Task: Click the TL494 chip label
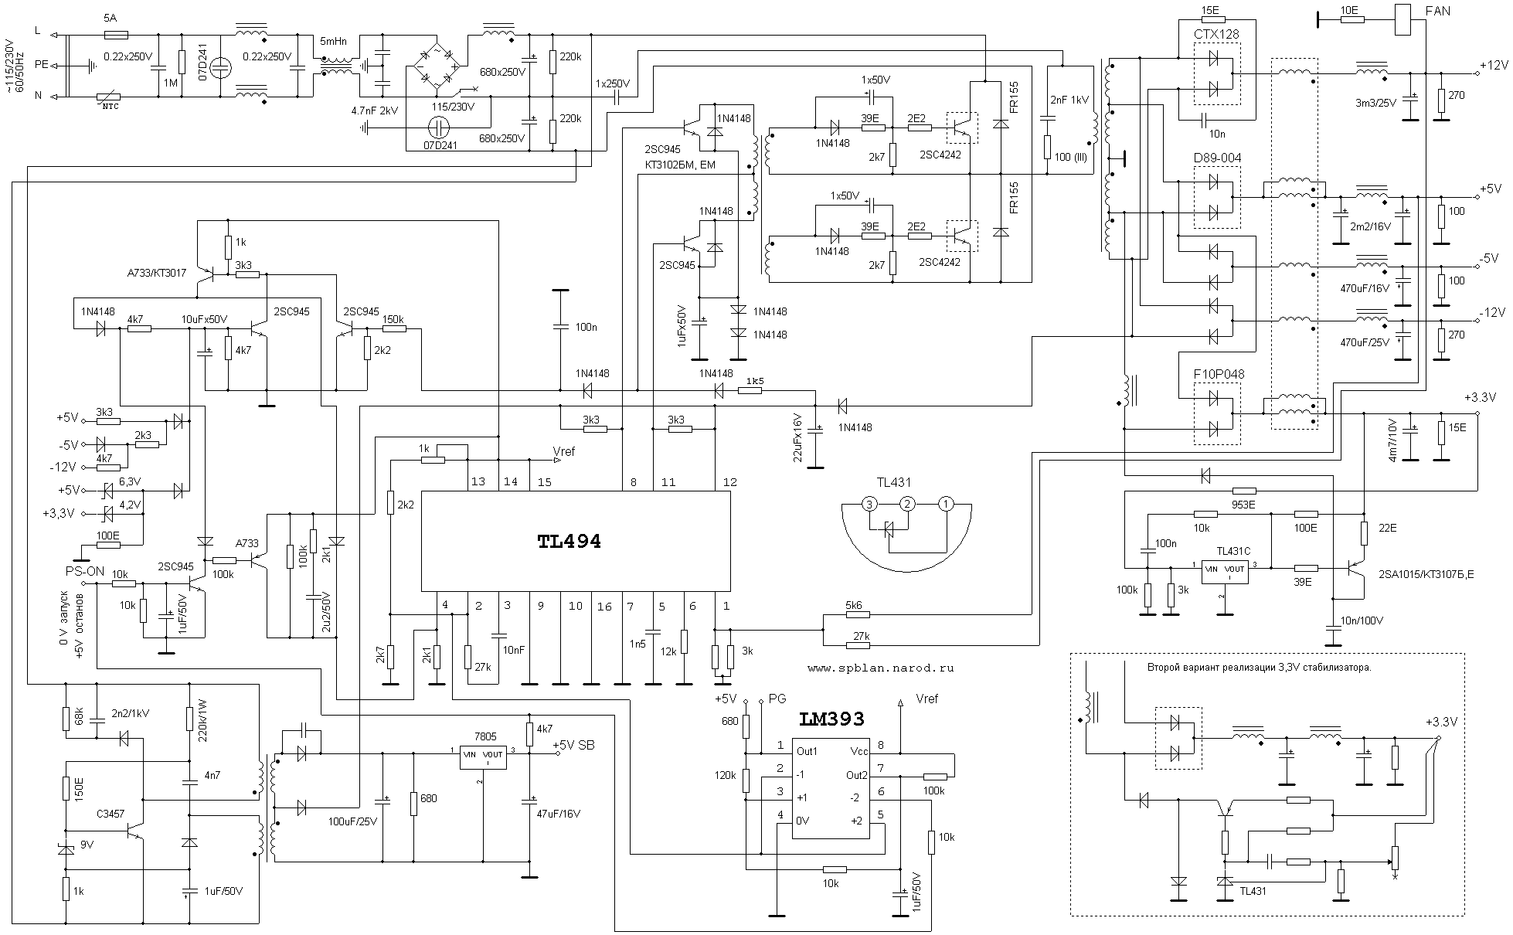click(x=569, y=542)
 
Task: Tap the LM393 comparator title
click(x=831, y=719)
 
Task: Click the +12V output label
click(x=1492, y=65)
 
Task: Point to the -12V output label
click(x=1492, y=312)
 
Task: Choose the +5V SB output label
click(x=573, y=745)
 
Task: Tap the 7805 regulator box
click(x=483, y=757)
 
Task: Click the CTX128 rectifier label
click(x=1216, y=34)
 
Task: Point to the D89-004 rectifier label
click(x=1217, y=158)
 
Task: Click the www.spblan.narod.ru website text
click(x=880, y=668)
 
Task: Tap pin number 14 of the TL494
click(x=510, y=482)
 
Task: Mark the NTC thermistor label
click(x=111, y=106)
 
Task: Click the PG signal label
click(x=777, y=699)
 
